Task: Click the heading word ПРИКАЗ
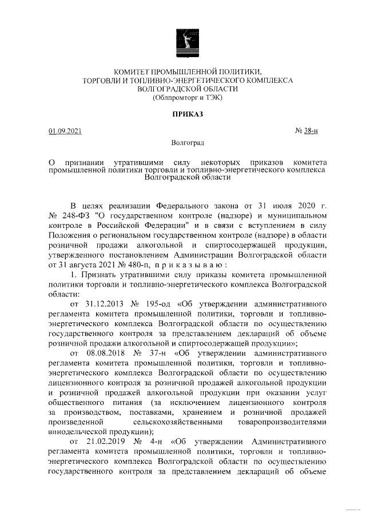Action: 188,115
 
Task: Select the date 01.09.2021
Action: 65,132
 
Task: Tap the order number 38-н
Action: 311,132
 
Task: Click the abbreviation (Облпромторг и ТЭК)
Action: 188,98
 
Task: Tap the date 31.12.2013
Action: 104,303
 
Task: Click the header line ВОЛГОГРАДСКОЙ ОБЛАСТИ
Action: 188,89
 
